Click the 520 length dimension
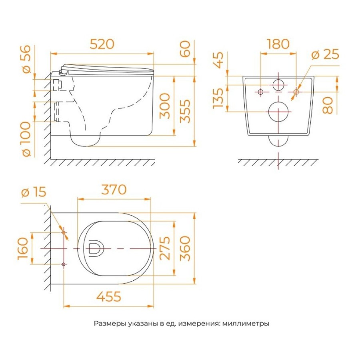click(x=102, y=44)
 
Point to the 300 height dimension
click(x=165, y=106)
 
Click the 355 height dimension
click(x=185, y=111)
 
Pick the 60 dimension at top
click(x=185, y=49)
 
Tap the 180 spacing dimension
click(x=278, y=44)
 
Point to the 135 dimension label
click(x=218, y=98)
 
